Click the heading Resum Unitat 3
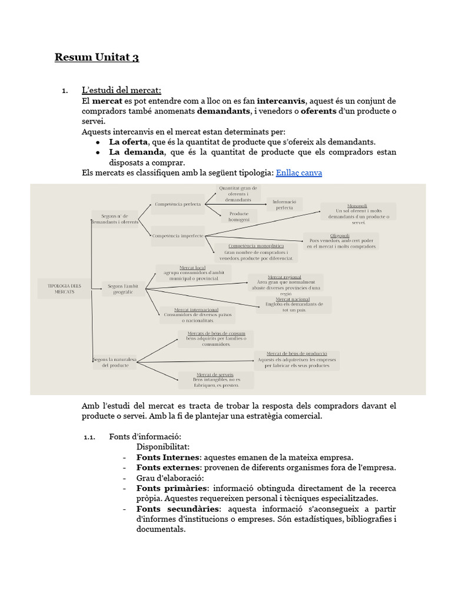click(97, 57)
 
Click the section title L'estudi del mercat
click(121, 90)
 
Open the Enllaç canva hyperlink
click(299, 173)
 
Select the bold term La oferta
click(128, 142)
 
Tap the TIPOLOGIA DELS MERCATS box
click(64, 289)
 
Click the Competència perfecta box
click(178, 204)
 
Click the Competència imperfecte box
click(178, 236)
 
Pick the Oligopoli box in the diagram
click(341, 241)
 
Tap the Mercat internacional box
click(197, 315)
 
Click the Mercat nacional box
click(294, 304)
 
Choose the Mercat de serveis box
click(215, 380)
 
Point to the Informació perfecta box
click(285, 204)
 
